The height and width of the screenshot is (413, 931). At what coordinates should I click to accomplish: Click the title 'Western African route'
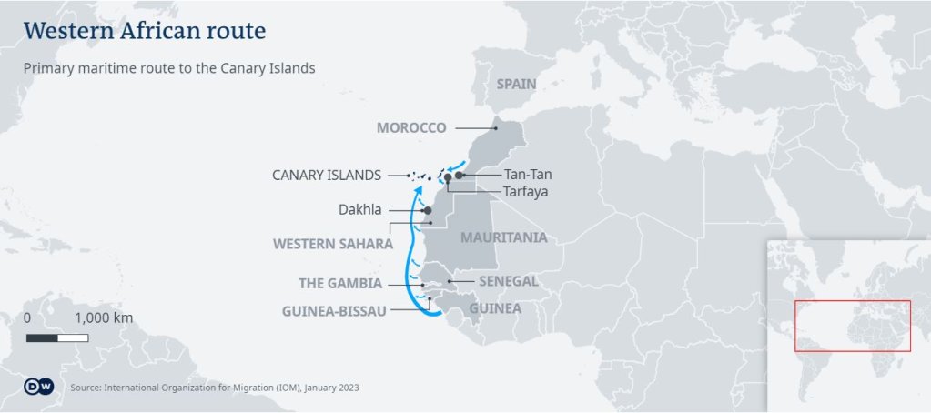coord(145,31)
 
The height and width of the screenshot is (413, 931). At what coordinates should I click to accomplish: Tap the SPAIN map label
coord(516,84)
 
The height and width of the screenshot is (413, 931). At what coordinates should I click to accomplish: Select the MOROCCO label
coord(411,127)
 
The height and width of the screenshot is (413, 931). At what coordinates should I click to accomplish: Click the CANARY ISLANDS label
coord(328,175)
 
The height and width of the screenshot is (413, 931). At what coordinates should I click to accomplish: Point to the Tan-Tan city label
coord(528,175)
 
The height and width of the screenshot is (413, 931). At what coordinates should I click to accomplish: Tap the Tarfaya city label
coord(525,192)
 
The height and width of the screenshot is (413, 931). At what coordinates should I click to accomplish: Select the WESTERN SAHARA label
coord(333,244)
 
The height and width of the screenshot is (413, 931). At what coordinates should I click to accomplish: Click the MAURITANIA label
coord(504,237)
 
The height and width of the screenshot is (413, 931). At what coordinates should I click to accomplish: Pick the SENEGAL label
coord(509,281)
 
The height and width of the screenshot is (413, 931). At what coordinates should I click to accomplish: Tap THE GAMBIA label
coord(340,284)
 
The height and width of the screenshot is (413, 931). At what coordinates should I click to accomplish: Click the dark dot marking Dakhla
coord(428,210)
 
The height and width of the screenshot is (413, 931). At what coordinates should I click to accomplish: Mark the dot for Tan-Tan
coord(460,175)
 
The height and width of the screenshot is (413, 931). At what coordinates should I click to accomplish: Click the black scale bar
coord(59,338)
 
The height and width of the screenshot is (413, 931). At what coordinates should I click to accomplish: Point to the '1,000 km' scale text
coord(104,318)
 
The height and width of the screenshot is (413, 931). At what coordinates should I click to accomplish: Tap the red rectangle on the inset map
coord(853,326)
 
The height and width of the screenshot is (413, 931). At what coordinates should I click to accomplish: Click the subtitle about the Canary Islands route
coord(168,68)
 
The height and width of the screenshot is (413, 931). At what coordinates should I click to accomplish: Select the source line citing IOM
coord(214,388)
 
